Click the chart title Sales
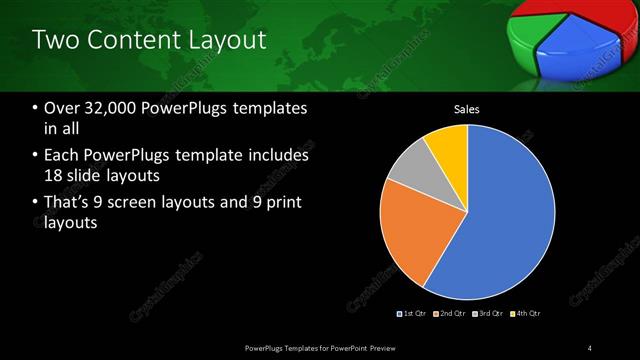coord(467,109)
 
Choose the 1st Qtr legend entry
coord(412,314)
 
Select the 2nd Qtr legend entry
coord(450,314)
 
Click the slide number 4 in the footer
coord(590,347)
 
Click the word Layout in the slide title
coord(231,40)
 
